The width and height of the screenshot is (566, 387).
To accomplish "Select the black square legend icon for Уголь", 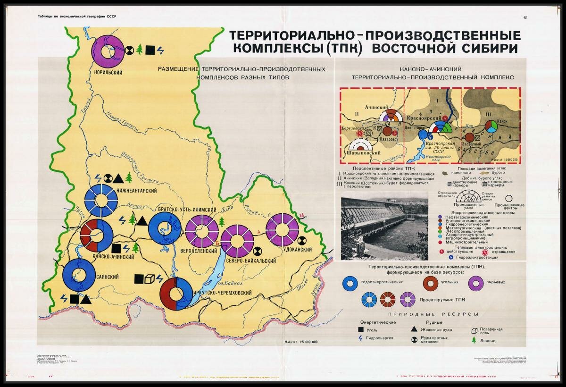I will [360, 330].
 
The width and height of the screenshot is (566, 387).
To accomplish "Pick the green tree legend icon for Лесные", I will [474, 339].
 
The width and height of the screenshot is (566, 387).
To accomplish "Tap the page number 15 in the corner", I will [525, 17].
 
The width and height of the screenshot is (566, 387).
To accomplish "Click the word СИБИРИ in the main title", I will [491, 48].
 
